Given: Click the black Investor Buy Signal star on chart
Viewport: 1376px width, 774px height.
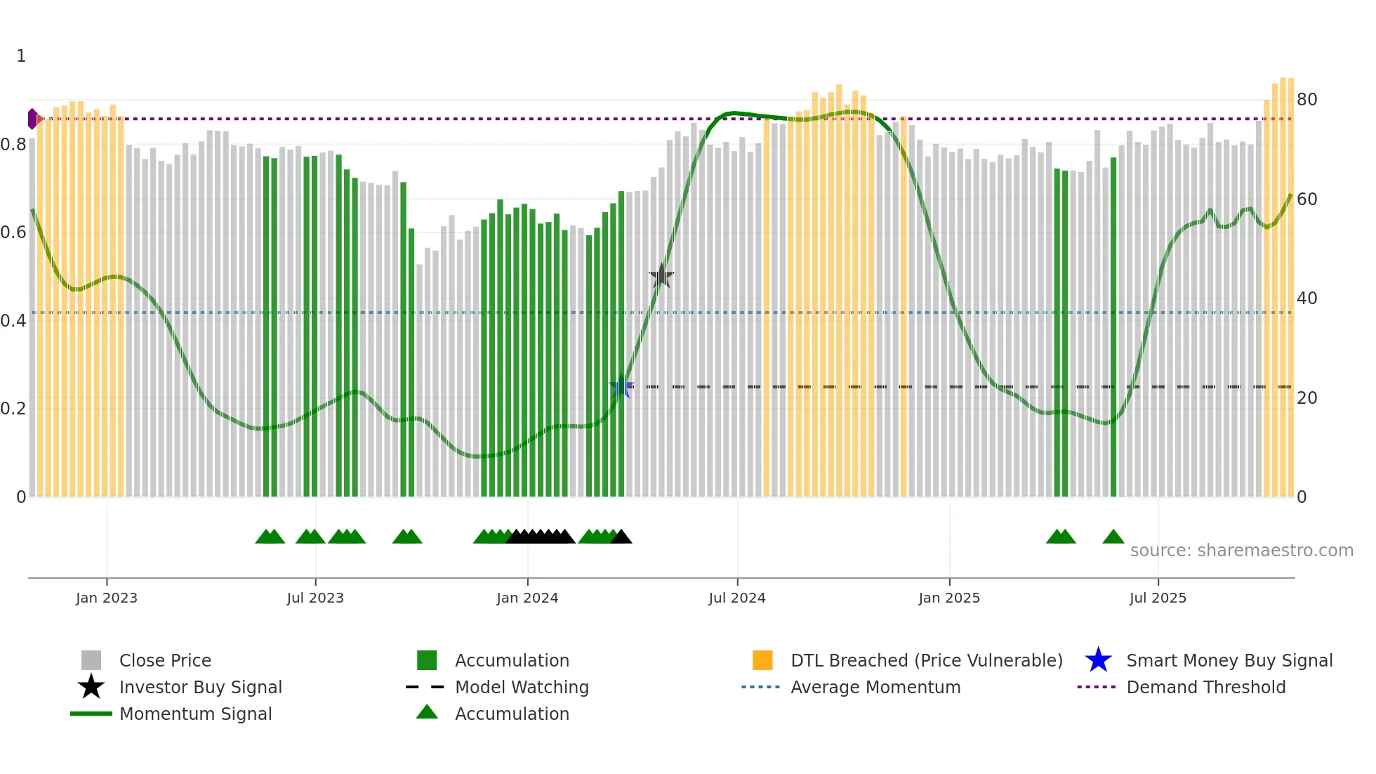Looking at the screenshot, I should pyautogui.click(x=661, y=276).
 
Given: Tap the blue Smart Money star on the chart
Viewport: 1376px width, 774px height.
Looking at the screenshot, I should pyautogui.click(x=621, y=387).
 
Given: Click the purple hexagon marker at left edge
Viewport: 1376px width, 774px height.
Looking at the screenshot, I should pyautogui.click(x=32, y=119).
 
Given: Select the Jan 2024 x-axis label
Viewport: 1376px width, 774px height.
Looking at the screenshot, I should pyautogui.click(x=527, y=598).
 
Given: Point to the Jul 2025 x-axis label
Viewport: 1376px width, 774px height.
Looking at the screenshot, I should pyautogui.click(x=1158, y=598).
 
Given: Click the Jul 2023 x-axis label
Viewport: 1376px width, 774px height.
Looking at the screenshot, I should pyautogui.click(x=315, y=598).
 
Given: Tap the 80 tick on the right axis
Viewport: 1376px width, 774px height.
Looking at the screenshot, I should pyautogui.click(x=1306, y=100).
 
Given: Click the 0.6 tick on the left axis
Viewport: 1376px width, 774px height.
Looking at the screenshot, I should pyautogui.click(x=13, y=232).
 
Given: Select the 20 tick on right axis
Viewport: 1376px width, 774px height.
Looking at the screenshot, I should pyautogui.click(x=1306, y=398).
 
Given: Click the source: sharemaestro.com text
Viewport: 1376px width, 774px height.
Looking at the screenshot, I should pyautogui.click(x=1241, y=551).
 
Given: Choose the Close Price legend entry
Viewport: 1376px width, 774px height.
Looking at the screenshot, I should pyautogui.click(x=165, y=660).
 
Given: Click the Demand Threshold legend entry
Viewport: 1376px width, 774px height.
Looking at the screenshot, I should pyautogui.click(x=1205, y=687).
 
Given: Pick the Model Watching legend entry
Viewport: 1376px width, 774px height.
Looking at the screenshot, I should pyautogui.click(x=522, y=687).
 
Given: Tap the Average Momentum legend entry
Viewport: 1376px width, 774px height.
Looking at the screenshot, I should pyautogui.click(x=875, y=687).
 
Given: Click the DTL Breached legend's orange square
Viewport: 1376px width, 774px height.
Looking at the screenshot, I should pyautogui.click(x=762, y=660).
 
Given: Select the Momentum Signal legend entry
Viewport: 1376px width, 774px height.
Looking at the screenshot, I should pyautogui.click(x=195, y=714).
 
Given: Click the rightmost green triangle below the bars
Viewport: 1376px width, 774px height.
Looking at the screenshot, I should pyautogui.click(x=1113, y=537).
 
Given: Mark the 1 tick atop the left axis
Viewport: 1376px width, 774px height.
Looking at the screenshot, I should pyautogui.click(x=21, y=56).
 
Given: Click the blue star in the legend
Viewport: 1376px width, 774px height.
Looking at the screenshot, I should pyautogui.click(x=1098, y=660).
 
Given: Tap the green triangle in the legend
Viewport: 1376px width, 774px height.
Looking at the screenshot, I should pyautogui.click(x=427, y=712).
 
